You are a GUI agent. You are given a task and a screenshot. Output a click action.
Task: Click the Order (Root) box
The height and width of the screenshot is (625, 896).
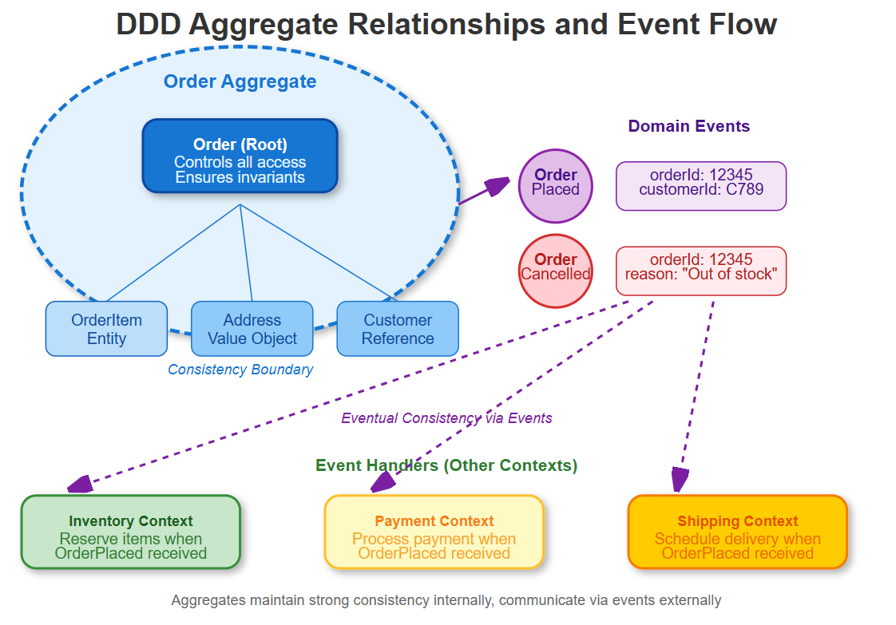click(x=240, y=156)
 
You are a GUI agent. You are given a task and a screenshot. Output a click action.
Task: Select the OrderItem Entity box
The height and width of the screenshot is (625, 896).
click(x=106, y=329)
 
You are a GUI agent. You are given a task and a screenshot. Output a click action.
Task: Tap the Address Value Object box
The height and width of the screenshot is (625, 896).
click(x=252, y=329)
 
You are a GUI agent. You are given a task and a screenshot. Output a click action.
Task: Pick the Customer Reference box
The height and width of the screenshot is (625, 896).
click(x=398, y=329)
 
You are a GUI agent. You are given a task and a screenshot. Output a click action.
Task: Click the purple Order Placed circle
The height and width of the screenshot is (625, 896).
click(x=556, y=186)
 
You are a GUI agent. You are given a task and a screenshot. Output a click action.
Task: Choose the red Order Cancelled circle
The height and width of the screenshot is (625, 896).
click(x=556, y=271)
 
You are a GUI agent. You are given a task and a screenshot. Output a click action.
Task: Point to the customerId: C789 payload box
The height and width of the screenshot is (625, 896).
click(x=701, y=186)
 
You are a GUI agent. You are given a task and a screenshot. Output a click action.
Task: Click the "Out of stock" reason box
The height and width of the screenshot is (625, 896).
click(x=701, y=271)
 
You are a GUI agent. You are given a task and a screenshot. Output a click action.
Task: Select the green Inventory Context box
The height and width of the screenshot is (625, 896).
click(x=131, y=532)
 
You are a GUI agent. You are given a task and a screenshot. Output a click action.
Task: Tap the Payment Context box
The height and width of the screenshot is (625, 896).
click(x=434, y=532)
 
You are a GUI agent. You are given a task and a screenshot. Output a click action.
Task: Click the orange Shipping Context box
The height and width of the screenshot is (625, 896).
click(x=738, y=532)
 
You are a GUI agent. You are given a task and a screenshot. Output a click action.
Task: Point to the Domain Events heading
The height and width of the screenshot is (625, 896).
click(x=688, y=125)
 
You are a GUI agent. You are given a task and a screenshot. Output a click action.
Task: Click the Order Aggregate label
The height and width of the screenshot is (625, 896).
click(x=240, y=81)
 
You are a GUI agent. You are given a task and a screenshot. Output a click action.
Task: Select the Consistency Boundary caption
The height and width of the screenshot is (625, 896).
click(x=240, y=369)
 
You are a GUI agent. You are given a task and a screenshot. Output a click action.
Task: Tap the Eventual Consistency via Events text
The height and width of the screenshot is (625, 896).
click(x=446, y=417)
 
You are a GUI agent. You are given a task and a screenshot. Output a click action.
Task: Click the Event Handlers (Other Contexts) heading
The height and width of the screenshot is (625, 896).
click(x=446, y=465)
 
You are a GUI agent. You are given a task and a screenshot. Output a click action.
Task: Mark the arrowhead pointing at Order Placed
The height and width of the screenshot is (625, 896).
click(x=498, y=186)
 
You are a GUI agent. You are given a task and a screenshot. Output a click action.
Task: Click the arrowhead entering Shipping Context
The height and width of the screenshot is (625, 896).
click(x=680, y=481)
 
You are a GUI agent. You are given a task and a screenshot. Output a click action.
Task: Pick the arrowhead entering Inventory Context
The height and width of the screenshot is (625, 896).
click(x=81, y=484)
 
